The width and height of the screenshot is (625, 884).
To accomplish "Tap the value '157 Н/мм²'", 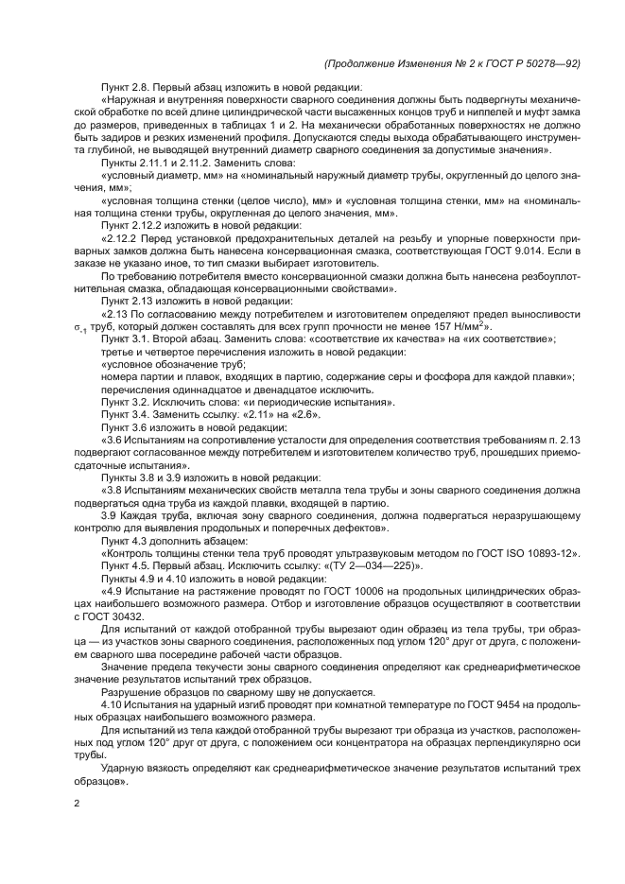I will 462,326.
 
